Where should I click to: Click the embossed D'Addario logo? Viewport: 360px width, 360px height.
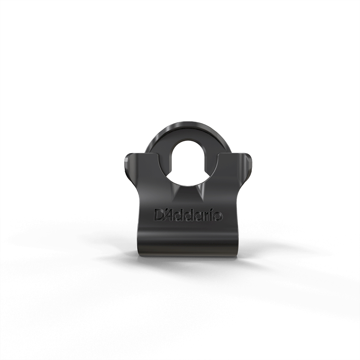pos(188,215)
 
